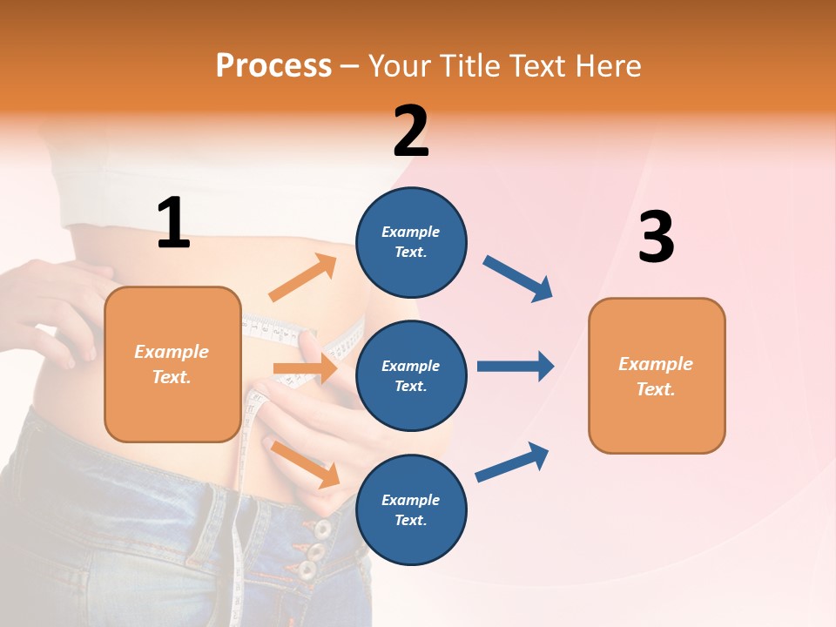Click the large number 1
click(173, 224)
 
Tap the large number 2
click(411, 131)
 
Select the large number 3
click(656, 238)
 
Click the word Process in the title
click(273, 65)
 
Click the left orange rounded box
click(172, 364)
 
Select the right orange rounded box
click(657, 375)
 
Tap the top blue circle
click(411, 242)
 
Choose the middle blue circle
click(411, 375)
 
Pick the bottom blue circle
click(411, 509)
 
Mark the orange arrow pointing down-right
click(306, 464)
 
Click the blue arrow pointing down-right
click(519, 279)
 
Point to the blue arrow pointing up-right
click(513, 462)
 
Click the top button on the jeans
click(323, 529)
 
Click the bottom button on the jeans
click(307, 570)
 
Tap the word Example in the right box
click(656, 364)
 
